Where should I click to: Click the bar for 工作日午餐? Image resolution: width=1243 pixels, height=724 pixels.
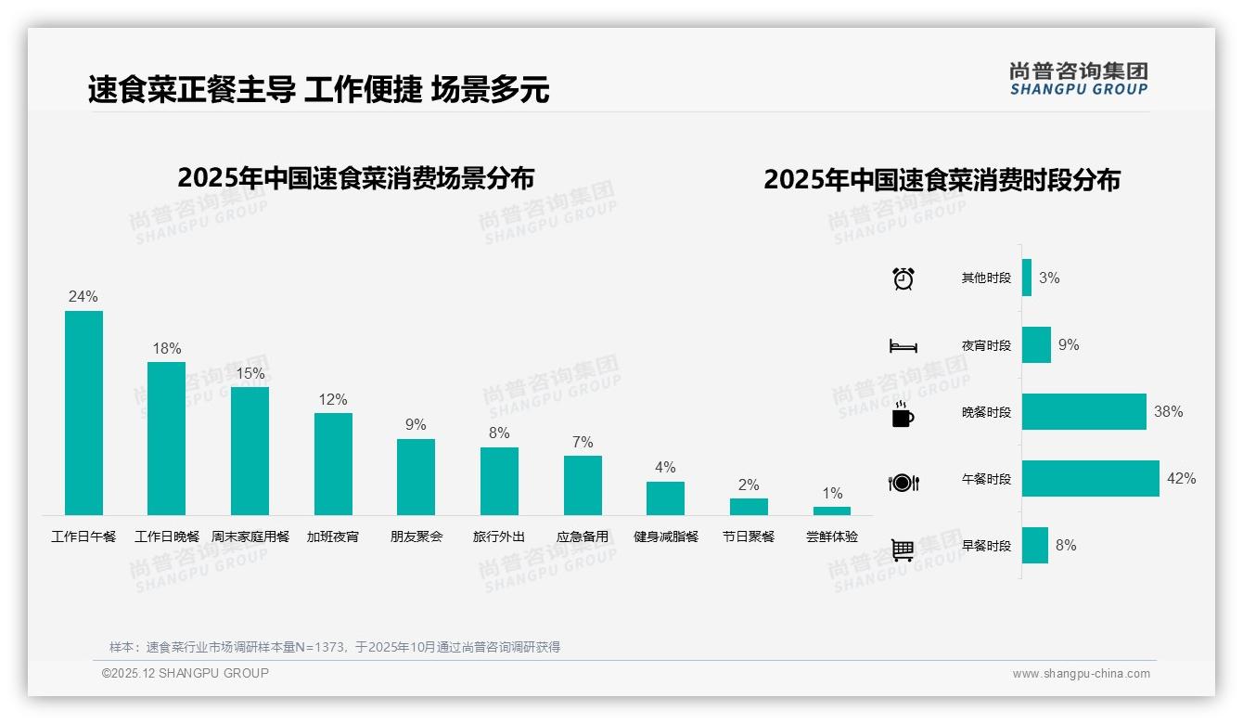tap(83, 413)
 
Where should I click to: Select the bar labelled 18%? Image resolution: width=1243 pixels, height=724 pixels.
tap(167, 438)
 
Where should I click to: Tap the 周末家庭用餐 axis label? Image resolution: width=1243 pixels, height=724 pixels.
tap(250, 537)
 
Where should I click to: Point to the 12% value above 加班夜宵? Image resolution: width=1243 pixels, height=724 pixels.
tap(333, 400)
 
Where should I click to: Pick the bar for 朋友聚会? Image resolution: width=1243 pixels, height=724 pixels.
tap(416, 477)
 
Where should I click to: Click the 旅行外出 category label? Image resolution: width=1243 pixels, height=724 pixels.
tap(499, 537)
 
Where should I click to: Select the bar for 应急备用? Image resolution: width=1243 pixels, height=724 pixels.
tap(583, 485)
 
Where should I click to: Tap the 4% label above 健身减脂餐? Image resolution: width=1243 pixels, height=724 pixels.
tap(665, 468)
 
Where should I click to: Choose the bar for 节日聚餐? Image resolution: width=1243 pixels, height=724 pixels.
tap(749, 507)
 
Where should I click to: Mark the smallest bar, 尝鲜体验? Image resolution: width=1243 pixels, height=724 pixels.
tap(832, 511)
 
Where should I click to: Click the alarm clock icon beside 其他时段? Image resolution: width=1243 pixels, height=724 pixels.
tap(903, 278)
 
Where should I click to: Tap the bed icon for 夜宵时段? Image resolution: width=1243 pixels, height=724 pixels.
tap(903, 346)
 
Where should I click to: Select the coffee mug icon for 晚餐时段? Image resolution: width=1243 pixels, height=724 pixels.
tap(903, 414)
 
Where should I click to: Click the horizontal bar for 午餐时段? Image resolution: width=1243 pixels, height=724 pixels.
tap(1090, 479)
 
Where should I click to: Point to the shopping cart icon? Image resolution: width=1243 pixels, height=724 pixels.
tap(903, 549)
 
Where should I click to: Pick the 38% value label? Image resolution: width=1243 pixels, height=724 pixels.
tap(1168, 412)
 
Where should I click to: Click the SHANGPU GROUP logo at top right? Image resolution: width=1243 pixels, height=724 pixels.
tap(1079, 79)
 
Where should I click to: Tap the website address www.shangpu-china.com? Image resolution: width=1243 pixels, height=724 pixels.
tap(1081, 674)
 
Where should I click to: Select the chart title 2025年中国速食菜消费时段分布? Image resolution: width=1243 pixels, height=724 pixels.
tap(942, 180)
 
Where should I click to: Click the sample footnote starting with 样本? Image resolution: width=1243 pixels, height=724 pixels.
tap(335, 647)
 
